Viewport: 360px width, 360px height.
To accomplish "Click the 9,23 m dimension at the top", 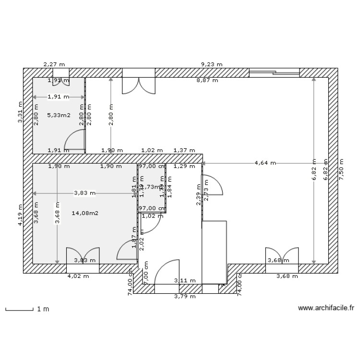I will (211, 64).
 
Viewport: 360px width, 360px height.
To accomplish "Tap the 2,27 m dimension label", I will (54, 64).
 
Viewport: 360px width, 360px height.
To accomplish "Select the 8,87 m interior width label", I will (207, 81).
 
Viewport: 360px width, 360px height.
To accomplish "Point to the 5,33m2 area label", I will (59, 115).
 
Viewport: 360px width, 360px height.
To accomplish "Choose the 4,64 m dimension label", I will (265, 163).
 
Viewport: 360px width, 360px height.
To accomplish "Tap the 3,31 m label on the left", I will (20, 112).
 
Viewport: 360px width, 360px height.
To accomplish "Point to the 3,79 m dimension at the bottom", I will (185, 297).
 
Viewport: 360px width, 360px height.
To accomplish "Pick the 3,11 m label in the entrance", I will (185, 280).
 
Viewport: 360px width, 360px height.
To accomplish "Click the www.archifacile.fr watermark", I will (325, 309).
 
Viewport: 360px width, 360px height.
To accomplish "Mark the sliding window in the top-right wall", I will (274, 72).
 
